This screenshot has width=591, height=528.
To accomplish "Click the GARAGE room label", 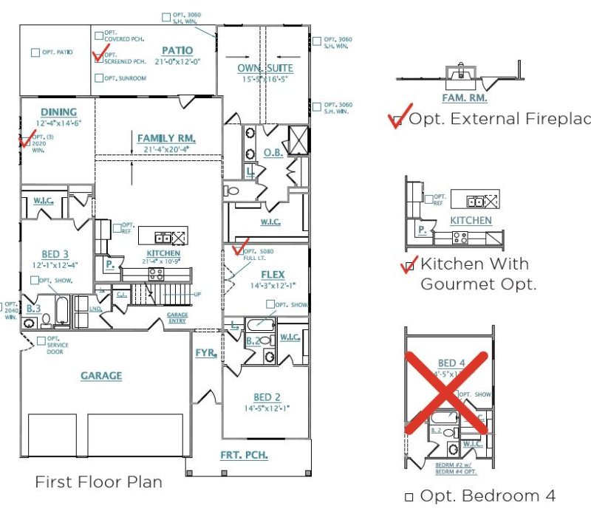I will click(x=101, y=376).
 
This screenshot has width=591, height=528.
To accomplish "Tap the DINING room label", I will click(x=58, y=112).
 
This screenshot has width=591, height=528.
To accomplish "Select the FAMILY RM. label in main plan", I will click(x=165, y=138).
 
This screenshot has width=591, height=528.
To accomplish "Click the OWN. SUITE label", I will click(x=265, y=69).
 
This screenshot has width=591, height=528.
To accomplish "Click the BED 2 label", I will click(x=266, y=397).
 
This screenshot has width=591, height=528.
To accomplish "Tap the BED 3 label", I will click(x=55, y=254).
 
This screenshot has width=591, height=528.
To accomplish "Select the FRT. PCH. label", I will click(x=244, y=455).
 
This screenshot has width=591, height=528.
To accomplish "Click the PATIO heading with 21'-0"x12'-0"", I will click(x=177, y=51).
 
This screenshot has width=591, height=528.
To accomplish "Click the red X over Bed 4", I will click(x=446, y=392).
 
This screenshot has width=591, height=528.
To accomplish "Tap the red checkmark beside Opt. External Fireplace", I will click(x=397, y=119).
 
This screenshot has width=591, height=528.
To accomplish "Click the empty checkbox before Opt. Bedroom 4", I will click(x=409, y=498).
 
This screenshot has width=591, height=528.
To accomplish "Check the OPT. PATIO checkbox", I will click(x=35, y=52).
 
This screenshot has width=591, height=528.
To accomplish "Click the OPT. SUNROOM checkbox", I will click(x=99, y=78).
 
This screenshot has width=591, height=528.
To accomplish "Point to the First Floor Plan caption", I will click(x=98, y=482).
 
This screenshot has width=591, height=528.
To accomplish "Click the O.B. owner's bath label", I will click(x=271, y=153).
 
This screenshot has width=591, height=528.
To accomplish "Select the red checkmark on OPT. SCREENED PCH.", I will click(x=98, y=55).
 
